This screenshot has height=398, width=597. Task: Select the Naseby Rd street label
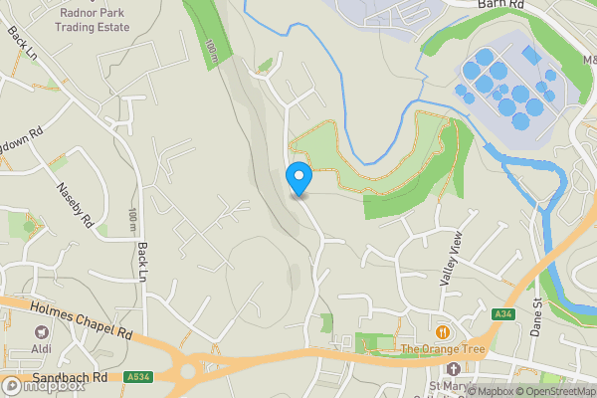point(75,203)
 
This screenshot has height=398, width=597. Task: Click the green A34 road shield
point(503,314)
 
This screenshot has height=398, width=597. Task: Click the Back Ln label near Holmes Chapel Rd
point(143,260)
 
